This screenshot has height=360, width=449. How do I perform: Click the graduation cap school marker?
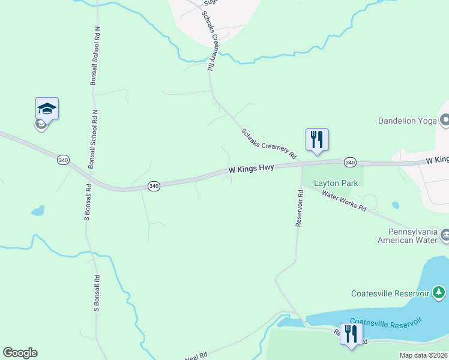coord(47,109)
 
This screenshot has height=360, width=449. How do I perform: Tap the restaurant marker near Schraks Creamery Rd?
coord(317,140)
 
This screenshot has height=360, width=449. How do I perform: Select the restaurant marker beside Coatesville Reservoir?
coord(351,334)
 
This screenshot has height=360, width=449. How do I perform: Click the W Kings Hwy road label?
coord(252,170)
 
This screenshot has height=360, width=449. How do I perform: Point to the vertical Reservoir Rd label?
coord(300,208)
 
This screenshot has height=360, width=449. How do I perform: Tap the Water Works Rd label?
coord(344,200)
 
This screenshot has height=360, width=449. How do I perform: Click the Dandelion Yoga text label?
coord(407,121)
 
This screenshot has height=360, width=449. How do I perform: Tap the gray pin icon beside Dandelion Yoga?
coord(445,121)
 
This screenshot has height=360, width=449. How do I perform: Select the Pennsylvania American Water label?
coord(406,236)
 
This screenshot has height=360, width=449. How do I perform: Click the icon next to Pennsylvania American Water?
coord(445,234)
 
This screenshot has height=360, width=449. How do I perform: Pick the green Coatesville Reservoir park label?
coord(390,293)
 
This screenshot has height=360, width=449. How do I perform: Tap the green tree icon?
coord(440,293)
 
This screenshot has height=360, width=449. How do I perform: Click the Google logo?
coord(20,353)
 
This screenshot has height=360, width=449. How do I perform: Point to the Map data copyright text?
coord(423,355)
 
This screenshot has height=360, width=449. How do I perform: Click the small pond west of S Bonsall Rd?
coord(38,211)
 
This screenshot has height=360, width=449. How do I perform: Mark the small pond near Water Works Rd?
coord(396,205)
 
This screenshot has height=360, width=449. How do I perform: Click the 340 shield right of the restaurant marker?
coord(351,163)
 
